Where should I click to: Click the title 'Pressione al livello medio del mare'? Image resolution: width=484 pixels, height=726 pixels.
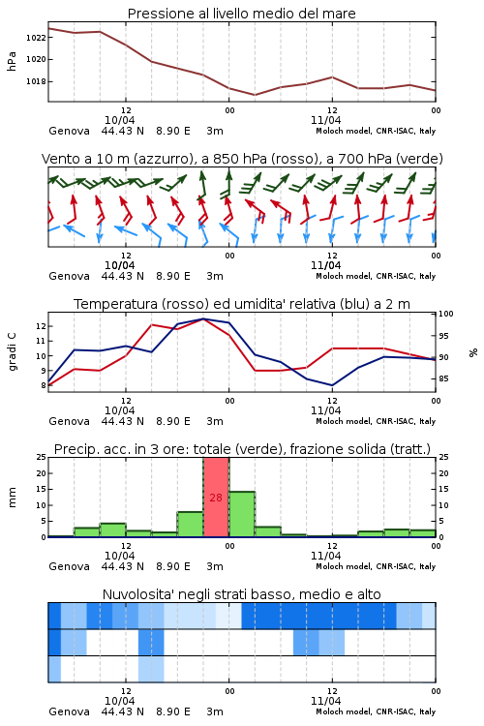241,14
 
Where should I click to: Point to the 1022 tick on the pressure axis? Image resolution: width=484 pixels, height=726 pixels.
36,38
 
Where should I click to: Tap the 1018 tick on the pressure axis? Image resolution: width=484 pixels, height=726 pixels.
36,81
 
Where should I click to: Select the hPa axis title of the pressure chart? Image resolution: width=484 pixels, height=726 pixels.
12,62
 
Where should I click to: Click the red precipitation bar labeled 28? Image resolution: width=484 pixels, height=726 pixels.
216,498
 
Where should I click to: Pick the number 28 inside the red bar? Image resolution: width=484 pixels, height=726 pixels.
216,498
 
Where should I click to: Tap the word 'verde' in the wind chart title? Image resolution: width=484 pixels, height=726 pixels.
420,159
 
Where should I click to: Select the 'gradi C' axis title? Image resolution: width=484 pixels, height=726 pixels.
13,352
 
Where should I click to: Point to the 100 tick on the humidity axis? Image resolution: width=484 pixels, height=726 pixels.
446,314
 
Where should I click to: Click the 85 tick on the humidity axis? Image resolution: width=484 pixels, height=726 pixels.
443,378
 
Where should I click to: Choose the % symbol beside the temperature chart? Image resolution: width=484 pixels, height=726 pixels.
473,352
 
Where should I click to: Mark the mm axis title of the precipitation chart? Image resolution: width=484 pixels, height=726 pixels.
12,498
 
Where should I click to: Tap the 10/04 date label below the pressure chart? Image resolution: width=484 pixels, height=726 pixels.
120,120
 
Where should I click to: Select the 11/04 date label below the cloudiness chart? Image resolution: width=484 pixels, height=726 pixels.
326,701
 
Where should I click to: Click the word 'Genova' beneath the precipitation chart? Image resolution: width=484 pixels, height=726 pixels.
69,566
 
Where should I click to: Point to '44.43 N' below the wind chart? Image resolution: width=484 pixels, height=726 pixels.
123,276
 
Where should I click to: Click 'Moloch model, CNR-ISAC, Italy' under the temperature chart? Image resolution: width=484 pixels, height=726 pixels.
376,421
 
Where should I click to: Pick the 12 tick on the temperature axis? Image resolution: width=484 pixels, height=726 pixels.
41,326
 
